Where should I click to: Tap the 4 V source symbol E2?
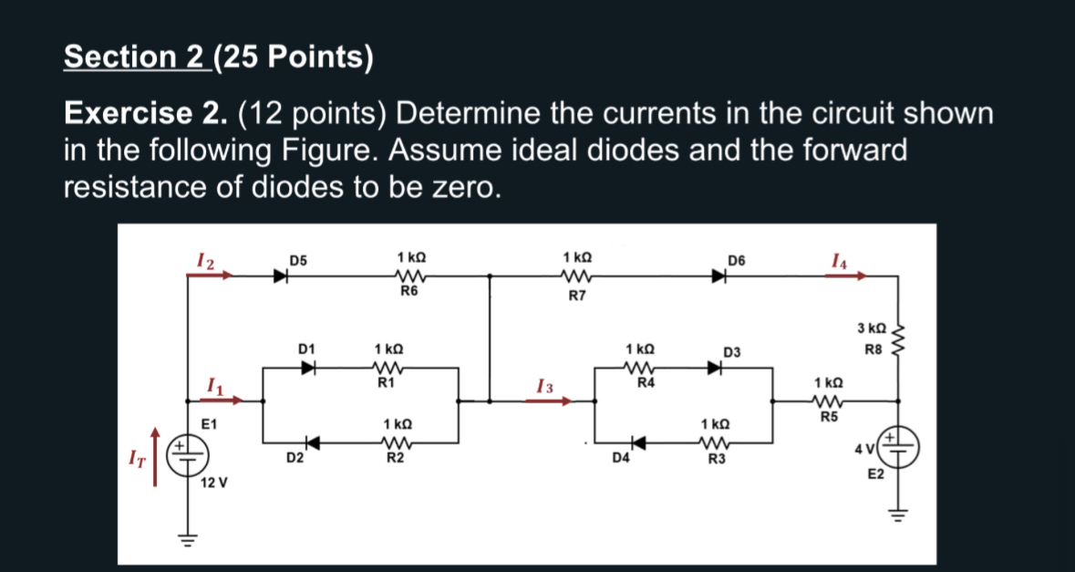899,448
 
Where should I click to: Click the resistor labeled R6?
408,275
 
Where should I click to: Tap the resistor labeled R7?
576,275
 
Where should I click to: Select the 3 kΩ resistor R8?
899,339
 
